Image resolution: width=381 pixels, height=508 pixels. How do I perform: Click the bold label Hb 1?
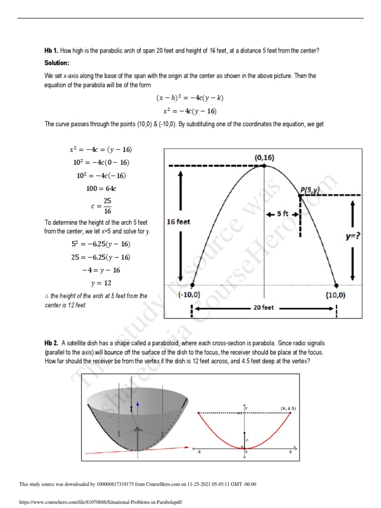point(52,51)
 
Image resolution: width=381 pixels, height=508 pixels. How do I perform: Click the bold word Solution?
point(57,63)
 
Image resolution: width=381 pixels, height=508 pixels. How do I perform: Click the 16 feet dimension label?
point(178,222)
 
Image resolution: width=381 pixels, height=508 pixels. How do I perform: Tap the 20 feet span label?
point(263,308)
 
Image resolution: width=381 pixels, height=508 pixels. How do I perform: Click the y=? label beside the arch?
point(353,237)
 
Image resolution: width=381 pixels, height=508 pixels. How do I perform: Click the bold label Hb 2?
point(52,343)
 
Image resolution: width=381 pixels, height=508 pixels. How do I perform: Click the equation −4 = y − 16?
point(102,270)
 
